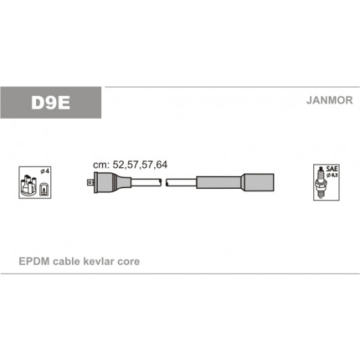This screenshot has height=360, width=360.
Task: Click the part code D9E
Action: [50, 103]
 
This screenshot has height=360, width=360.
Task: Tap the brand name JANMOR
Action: [329, 101]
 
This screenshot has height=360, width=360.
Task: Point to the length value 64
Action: [162, 165]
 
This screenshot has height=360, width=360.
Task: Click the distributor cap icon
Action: [29, 185]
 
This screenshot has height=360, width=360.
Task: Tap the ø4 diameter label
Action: [45, 171]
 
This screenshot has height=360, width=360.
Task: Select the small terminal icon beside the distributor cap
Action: [43, 190]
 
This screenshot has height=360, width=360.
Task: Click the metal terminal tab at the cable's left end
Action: [90, 183]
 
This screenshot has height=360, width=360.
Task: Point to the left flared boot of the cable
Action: [113, 183]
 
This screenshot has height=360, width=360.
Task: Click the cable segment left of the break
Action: [146, 183]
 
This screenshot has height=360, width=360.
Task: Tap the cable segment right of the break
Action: [181, 183]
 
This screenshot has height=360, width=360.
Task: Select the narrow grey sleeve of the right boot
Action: [219, 183]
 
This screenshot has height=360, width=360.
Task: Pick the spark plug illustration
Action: [321, 183]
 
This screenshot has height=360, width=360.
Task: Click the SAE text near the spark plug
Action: [331, 169]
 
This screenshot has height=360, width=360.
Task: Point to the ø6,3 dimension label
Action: [332, 175]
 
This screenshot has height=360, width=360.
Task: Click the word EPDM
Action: [34, 262]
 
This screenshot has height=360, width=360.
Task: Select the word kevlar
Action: [98, 262]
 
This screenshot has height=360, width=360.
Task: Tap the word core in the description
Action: [128, 262]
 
